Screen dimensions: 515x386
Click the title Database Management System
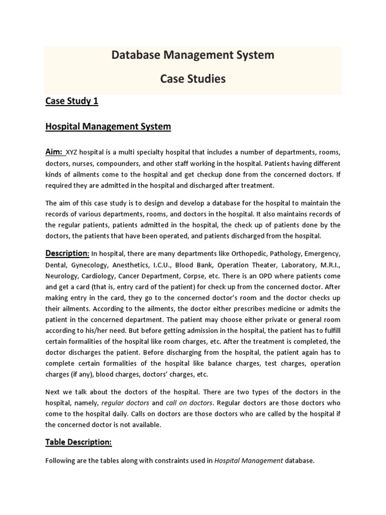point(193,55)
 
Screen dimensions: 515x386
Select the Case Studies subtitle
point(193,79)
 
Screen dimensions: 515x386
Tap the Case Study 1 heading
point(72,101)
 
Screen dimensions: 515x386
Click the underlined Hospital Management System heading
point(108,127)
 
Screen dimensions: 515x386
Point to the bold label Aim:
point(55,152)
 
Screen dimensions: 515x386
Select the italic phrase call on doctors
point(189,403)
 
